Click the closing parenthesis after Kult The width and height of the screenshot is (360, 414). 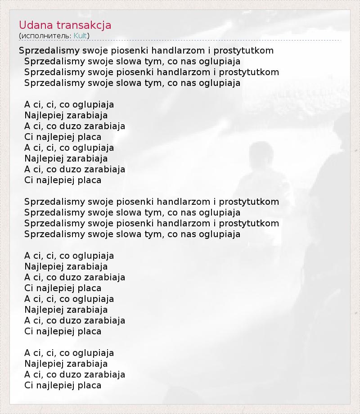(x=88, y=36)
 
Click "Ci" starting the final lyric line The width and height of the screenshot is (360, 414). (x=29, y=385)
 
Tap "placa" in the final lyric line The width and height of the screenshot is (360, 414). (x=90, y=385)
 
